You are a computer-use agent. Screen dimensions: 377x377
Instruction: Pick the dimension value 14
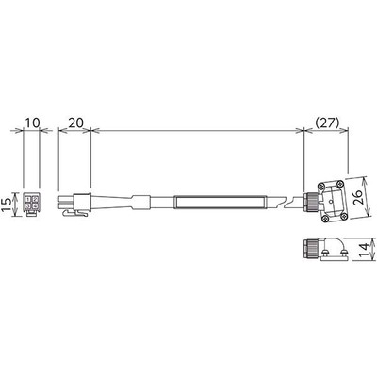click(360, 252)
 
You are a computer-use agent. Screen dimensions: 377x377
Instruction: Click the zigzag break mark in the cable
click(281, 201)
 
